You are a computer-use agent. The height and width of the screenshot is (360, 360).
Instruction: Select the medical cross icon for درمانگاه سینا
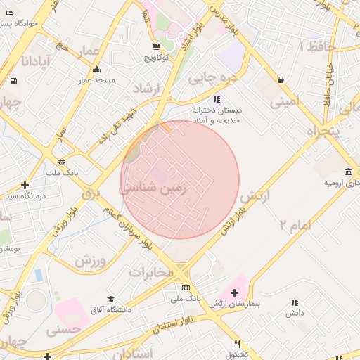click(x=25, y=185)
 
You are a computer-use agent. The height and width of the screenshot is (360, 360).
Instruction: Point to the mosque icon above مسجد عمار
click(x=96, y=70)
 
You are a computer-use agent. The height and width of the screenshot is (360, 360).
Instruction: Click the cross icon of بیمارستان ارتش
click(x=234, y=292)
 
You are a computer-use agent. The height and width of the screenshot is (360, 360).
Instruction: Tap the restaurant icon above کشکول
click(x=238, y=345)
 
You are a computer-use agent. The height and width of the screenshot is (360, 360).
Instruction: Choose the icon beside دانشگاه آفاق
click(x=110, y=300)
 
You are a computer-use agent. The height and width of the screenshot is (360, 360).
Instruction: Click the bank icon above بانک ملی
click(x=186, y=288)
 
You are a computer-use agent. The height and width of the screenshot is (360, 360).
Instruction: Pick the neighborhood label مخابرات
click(x=150, y=273)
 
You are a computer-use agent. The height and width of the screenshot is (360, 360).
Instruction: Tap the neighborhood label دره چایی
click(x=210, y=78)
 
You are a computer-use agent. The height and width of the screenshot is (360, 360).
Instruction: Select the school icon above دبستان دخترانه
click(x=217, y=99)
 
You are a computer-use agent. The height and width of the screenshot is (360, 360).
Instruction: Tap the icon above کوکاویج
click(x=156, y=46)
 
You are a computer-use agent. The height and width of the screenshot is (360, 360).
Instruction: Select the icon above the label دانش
click(x=294, y=303)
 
